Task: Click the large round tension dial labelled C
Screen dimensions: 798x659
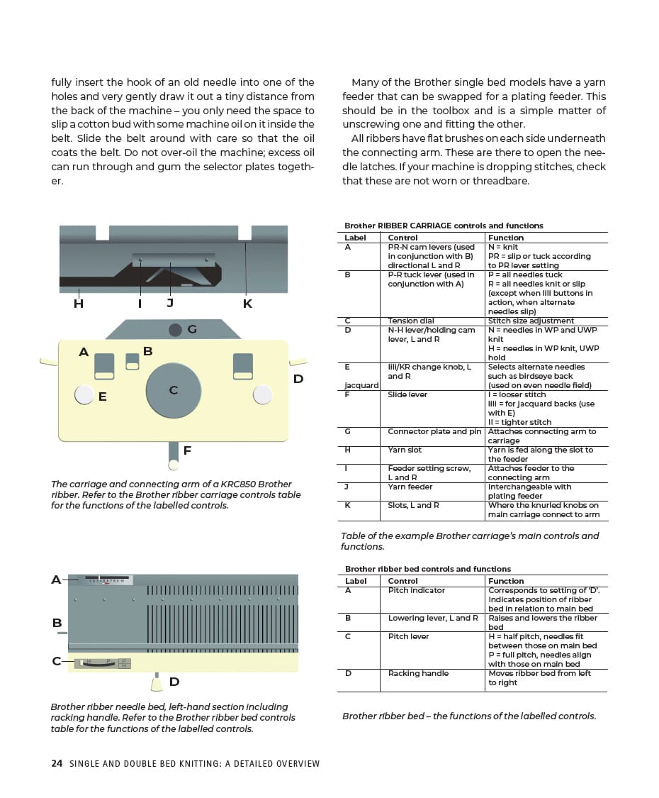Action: tap(174, 389)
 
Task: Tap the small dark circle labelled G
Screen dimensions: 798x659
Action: tap(175, 330)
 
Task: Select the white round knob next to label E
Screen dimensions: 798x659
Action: tap(84, 394)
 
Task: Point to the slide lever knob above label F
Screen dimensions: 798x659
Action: tap(173, 465)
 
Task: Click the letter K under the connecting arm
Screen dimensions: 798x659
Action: tap(247, 304)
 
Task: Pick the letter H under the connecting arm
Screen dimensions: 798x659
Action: tap(79, 304)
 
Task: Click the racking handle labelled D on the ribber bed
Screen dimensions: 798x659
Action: tap(157, 683)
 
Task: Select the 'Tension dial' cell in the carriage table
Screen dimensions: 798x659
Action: tap(411, 321)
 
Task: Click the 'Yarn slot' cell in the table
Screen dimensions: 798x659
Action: tap(405, 450)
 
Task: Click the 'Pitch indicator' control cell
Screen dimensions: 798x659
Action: tap(417, 591)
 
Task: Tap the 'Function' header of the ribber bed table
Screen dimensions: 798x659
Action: tap(506, 581)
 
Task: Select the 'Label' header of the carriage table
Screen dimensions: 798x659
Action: tap(355, 238)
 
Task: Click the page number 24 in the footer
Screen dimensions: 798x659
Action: tap(57, 764)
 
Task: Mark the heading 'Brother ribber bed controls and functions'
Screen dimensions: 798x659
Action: tap(427, 569)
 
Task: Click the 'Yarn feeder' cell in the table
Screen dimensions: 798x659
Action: tap(410, 487)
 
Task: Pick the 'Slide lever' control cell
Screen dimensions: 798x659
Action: tap(407, 395)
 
